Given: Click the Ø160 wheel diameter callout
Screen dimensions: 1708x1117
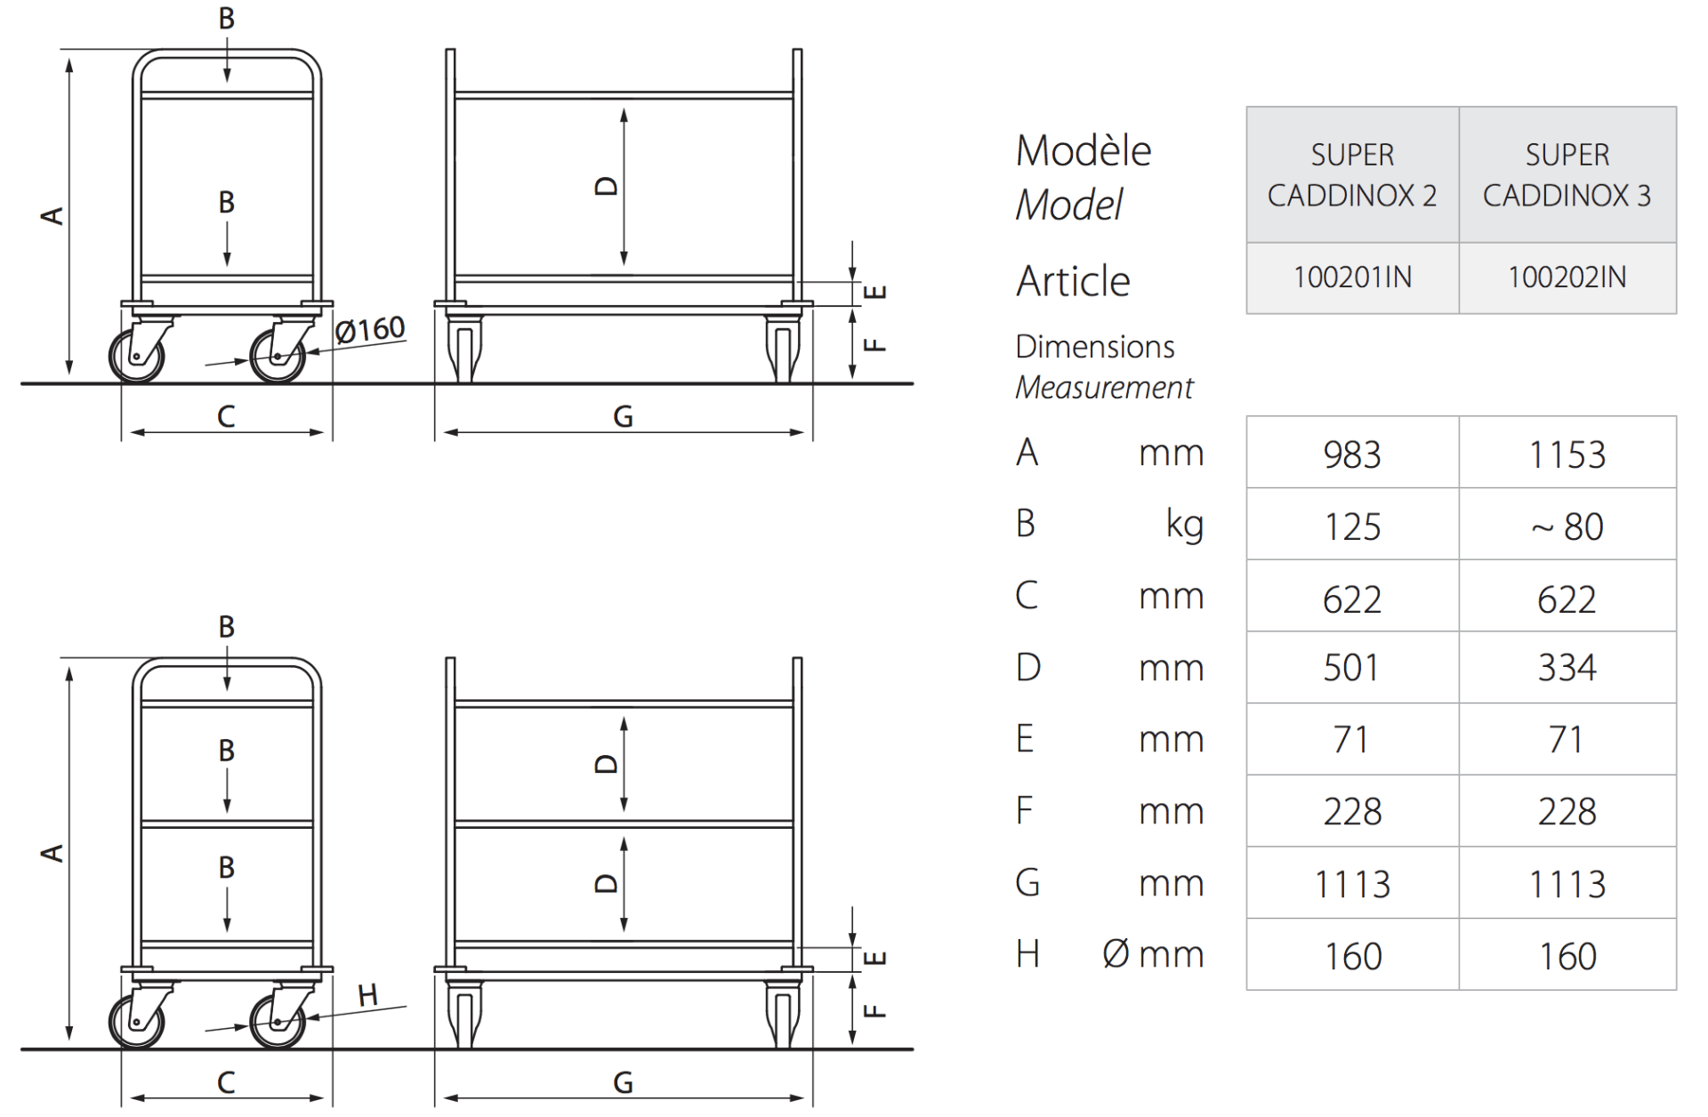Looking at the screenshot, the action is pyautogui.click(x=370, y=330).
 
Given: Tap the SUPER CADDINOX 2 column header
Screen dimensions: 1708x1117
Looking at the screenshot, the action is pyautogui.click(x=1352, y=175).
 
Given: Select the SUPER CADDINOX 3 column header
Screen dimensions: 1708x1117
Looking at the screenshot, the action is pyautogui.click(x=1567, y=175).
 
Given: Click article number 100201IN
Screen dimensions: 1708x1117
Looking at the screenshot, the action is pyautogui.click(x=1352, y=277).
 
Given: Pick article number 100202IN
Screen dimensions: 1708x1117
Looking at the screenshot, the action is pyautogui.click(x=1567, y=277).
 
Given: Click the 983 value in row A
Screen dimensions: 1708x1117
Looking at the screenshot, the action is pyautogui.click(x=1352, y=454).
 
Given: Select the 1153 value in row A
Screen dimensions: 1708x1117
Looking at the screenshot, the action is pyautogui.click(x=1567, y=454).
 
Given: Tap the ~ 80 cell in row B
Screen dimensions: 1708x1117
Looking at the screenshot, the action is pyautogui.click(x=1567, y=526).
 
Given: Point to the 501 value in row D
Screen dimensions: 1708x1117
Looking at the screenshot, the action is pyautogui.click(x=1352, y=667).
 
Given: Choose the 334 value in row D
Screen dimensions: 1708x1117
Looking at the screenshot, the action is pyautogui.click(x=1567, y=667).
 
